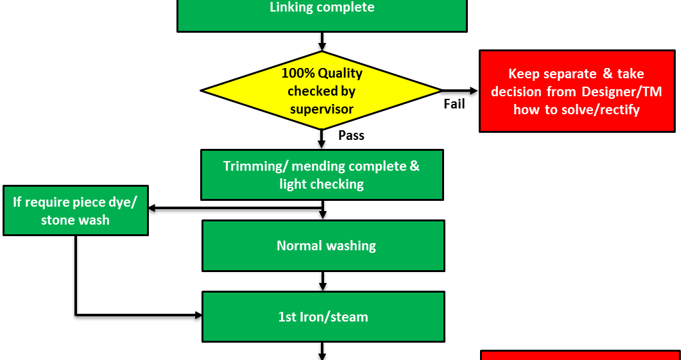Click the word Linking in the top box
(x=291, y=8)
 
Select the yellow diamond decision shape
(x=322, y=90)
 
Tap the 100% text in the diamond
(x=296, y=73)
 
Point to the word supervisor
(x=322, y=109)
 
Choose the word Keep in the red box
(x=524, y=74)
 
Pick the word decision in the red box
(x=517, y=92)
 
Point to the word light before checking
(x=293, y=184)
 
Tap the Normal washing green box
(x=323, y=246)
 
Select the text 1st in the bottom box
(x=287, y=317)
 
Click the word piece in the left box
(x=90, y=202)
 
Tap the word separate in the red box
(x=570, y=74)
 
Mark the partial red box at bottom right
(x=580, y=356)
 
